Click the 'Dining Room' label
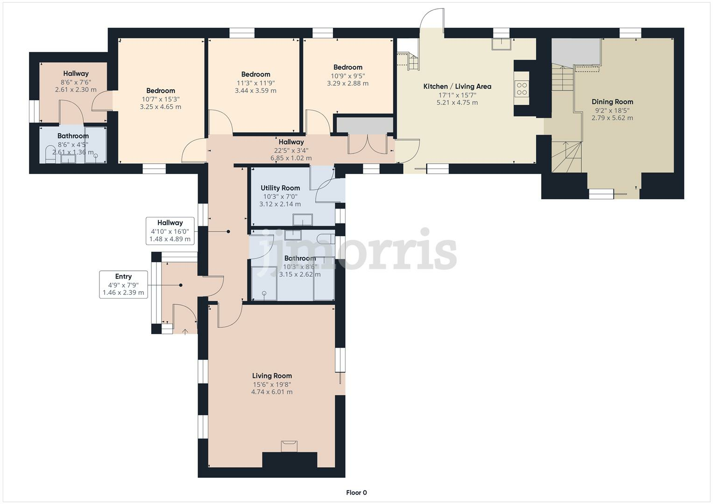[612, 102]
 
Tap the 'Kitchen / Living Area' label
[457, 86]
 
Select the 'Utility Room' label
[280, 188]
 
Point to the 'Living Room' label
[272, 376]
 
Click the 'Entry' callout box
[123, 284]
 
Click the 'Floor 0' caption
[356, 493]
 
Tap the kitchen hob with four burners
[522, 89]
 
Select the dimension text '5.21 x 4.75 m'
[457, 103]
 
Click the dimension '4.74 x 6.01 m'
[272, 392]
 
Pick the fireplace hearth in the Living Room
[289, 446]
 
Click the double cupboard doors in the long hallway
[367, 144]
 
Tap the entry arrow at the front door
[185, 331]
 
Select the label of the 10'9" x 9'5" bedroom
[347, 67]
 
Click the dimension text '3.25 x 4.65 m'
[160, 107]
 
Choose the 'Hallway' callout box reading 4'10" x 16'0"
[170, 231]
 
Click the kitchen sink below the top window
[501, 44]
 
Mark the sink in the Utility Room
[302, 219]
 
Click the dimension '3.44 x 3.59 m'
[255, 91]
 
